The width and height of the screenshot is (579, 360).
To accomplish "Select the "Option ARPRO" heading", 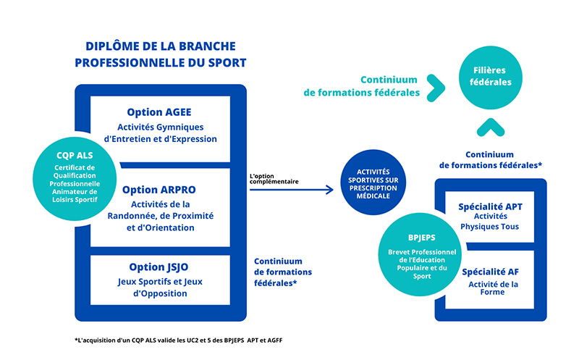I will [159, 190].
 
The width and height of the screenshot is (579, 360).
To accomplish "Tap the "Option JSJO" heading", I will [160, 267].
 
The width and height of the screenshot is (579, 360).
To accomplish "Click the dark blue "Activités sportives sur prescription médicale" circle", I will [373, 183].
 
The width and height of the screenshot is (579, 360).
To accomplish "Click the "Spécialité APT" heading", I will [490, 206].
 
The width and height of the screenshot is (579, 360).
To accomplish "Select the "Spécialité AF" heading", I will [490, 272].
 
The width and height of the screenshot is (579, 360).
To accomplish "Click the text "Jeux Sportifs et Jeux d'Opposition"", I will [160, 287].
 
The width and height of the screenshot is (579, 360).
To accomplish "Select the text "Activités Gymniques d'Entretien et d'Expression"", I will [160, 132].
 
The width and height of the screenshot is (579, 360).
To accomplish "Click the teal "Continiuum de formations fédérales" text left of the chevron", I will [362, 86].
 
